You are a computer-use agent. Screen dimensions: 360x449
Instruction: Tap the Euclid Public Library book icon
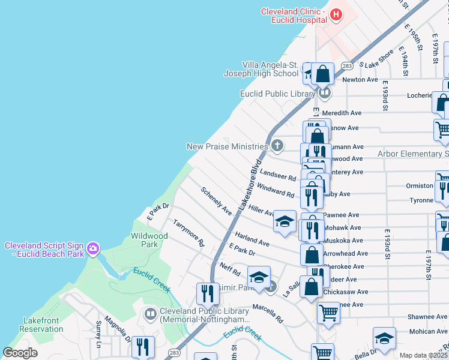coord(324,93)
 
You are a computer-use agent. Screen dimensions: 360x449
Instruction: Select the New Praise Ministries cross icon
coord(277,145)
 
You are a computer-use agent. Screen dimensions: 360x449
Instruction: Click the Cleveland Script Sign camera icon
coord(92,248)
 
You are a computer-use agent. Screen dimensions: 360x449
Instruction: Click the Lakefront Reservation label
coord(41,325)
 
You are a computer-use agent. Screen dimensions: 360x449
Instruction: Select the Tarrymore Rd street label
coord(188,233)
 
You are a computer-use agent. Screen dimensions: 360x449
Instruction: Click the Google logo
coord(20,353)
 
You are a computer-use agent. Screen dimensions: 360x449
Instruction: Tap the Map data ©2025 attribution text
coord(424,355)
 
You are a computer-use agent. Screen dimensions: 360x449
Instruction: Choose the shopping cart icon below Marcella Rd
coord(328,312)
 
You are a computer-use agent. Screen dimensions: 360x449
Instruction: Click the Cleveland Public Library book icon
coord(150,313)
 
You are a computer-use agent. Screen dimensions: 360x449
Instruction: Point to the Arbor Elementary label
coord(412,154)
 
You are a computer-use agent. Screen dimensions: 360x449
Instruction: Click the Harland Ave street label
coord(252,238)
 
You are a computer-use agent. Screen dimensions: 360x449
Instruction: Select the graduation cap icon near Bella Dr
coord(384,338)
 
